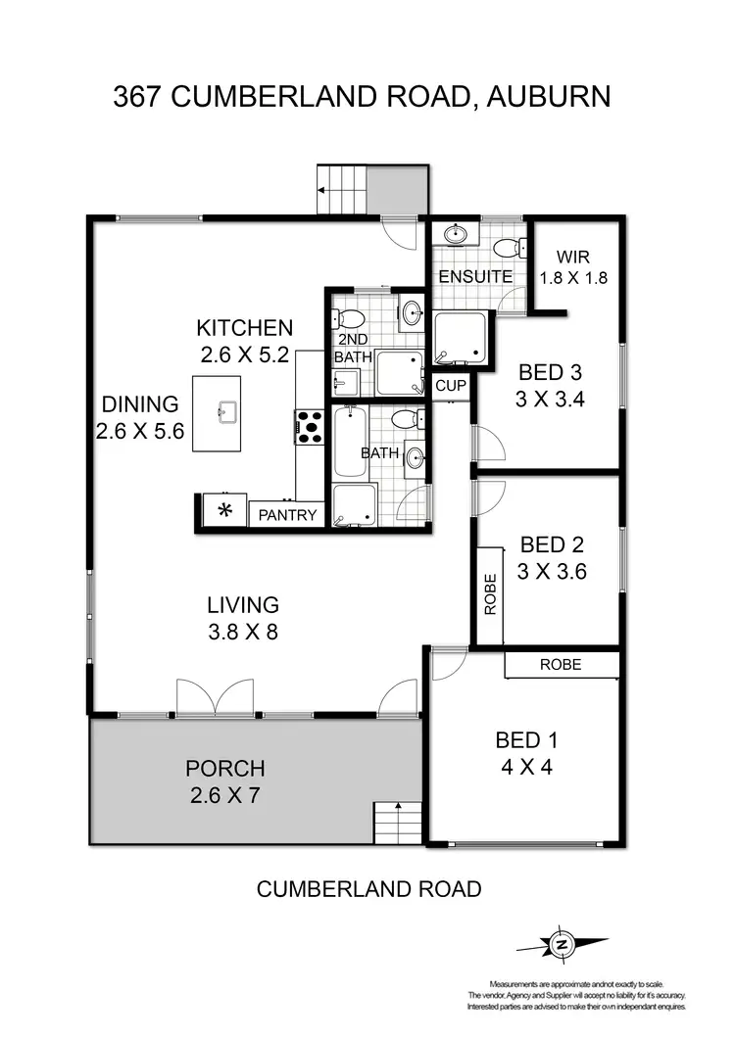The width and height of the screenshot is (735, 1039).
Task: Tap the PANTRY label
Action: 286,514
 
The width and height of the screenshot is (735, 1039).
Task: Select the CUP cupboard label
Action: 450,386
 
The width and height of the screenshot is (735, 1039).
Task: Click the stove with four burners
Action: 310,427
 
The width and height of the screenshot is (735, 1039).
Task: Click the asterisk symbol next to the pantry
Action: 224,509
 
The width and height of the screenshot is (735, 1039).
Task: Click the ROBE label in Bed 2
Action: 491,593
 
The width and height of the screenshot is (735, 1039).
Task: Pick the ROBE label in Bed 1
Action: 561,664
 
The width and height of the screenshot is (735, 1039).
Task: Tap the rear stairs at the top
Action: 342,189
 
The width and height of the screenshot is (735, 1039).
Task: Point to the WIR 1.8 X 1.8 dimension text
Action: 573,277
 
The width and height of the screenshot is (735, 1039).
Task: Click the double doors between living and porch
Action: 215,697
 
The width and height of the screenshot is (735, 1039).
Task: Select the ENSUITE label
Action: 474,276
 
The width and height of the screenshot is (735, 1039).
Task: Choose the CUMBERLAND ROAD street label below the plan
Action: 368,889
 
